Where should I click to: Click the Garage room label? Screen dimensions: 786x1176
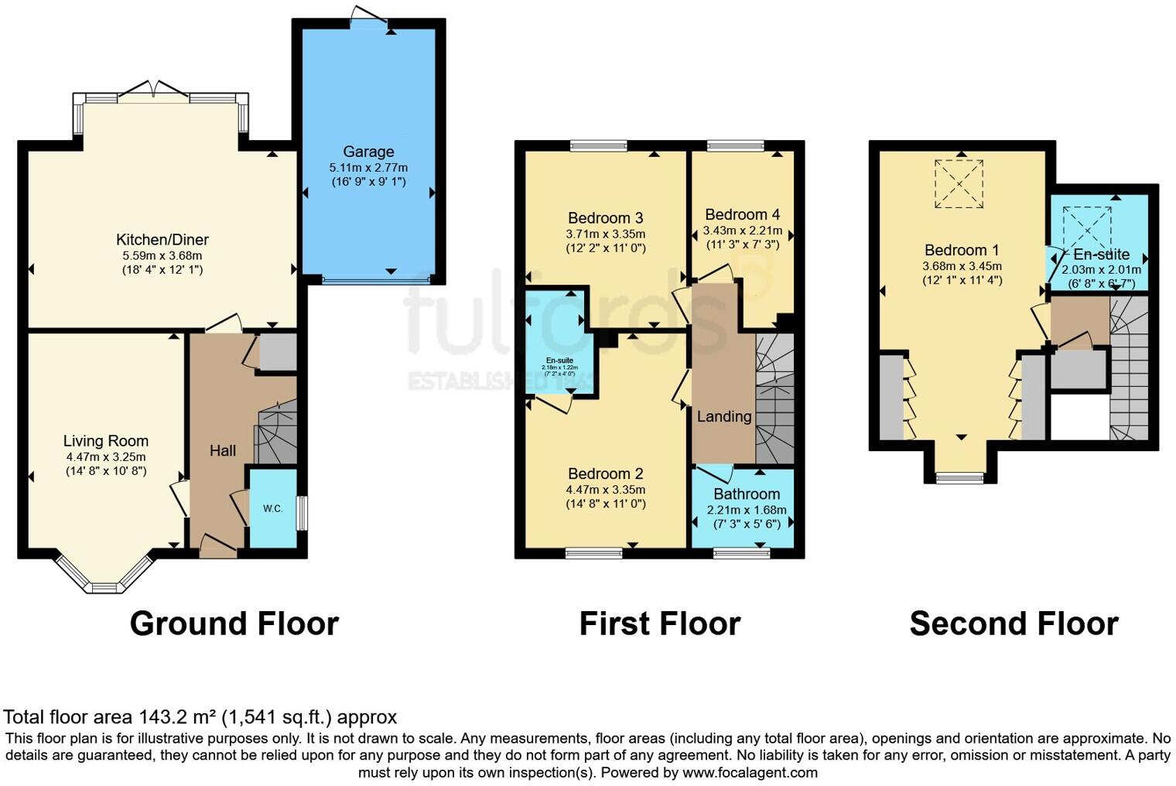pyautogui.click(x=368, y=152)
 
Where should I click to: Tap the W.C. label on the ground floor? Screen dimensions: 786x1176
pyautogui.click(x=272, y=508)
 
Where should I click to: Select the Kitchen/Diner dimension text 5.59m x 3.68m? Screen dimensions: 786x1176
pyautogui.click(x=162, y=255)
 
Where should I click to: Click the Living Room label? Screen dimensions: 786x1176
pyautogui.click(x=106, y=441)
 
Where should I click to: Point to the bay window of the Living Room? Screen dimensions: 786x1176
pyautogui.click(x=104, y=577)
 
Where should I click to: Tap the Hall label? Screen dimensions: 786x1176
pyautogui.click(x=223, y=450)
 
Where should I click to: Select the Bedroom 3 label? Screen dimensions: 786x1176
pyautogui.click(x=605, y=218)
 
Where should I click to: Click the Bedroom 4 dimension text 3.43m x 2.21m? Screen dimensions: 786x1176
pyautogui.click(x=742, y=231)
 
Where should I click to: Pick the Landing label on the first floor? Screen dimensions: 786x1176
pyautogui.click(x=723, y=416)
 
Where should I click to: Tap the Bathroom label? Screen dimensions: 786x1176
pyautogui.click(x=746, y=494)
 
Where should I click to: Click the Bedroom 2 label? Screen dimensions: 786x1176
pyautogui.click(x=605, y=473)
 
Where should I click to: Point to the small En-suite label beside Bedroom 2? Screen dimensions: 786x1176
pyautogui.click(x=559, y=361)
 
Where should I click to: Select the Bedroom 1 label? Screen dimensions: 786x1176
pyautogui.click(x=962, y=250)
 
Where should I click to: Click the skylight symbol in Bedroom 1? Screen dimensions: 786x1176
pyautogui.click(x=959, y=184)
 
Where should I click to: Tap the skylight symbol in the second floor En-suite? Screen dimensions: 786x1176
pyautogui.click(x=1086, y=229)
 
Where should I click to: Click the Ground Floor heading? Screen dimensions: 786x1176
pyautogui.click(x=234, y=624)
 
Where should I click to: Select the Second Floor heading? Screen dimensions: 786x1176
pyautogui.click(x=1014, y=624)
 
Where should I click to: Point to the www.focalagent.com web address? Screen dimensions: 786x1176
pyautogui.click(x=750, y=772)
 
